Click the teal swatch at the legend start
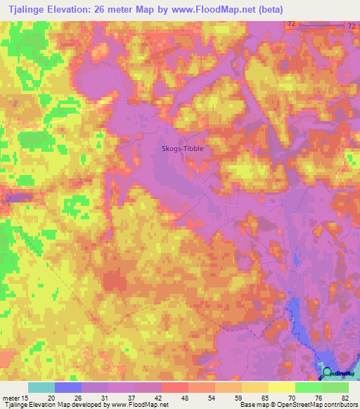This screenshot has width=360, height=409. point(41,387)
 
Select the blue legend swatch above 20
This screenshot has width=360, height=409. point(68,387)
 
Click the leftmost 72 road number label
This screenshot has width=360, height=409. point(291,24)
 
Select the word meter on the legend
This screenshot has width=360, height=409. point(11,397)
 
